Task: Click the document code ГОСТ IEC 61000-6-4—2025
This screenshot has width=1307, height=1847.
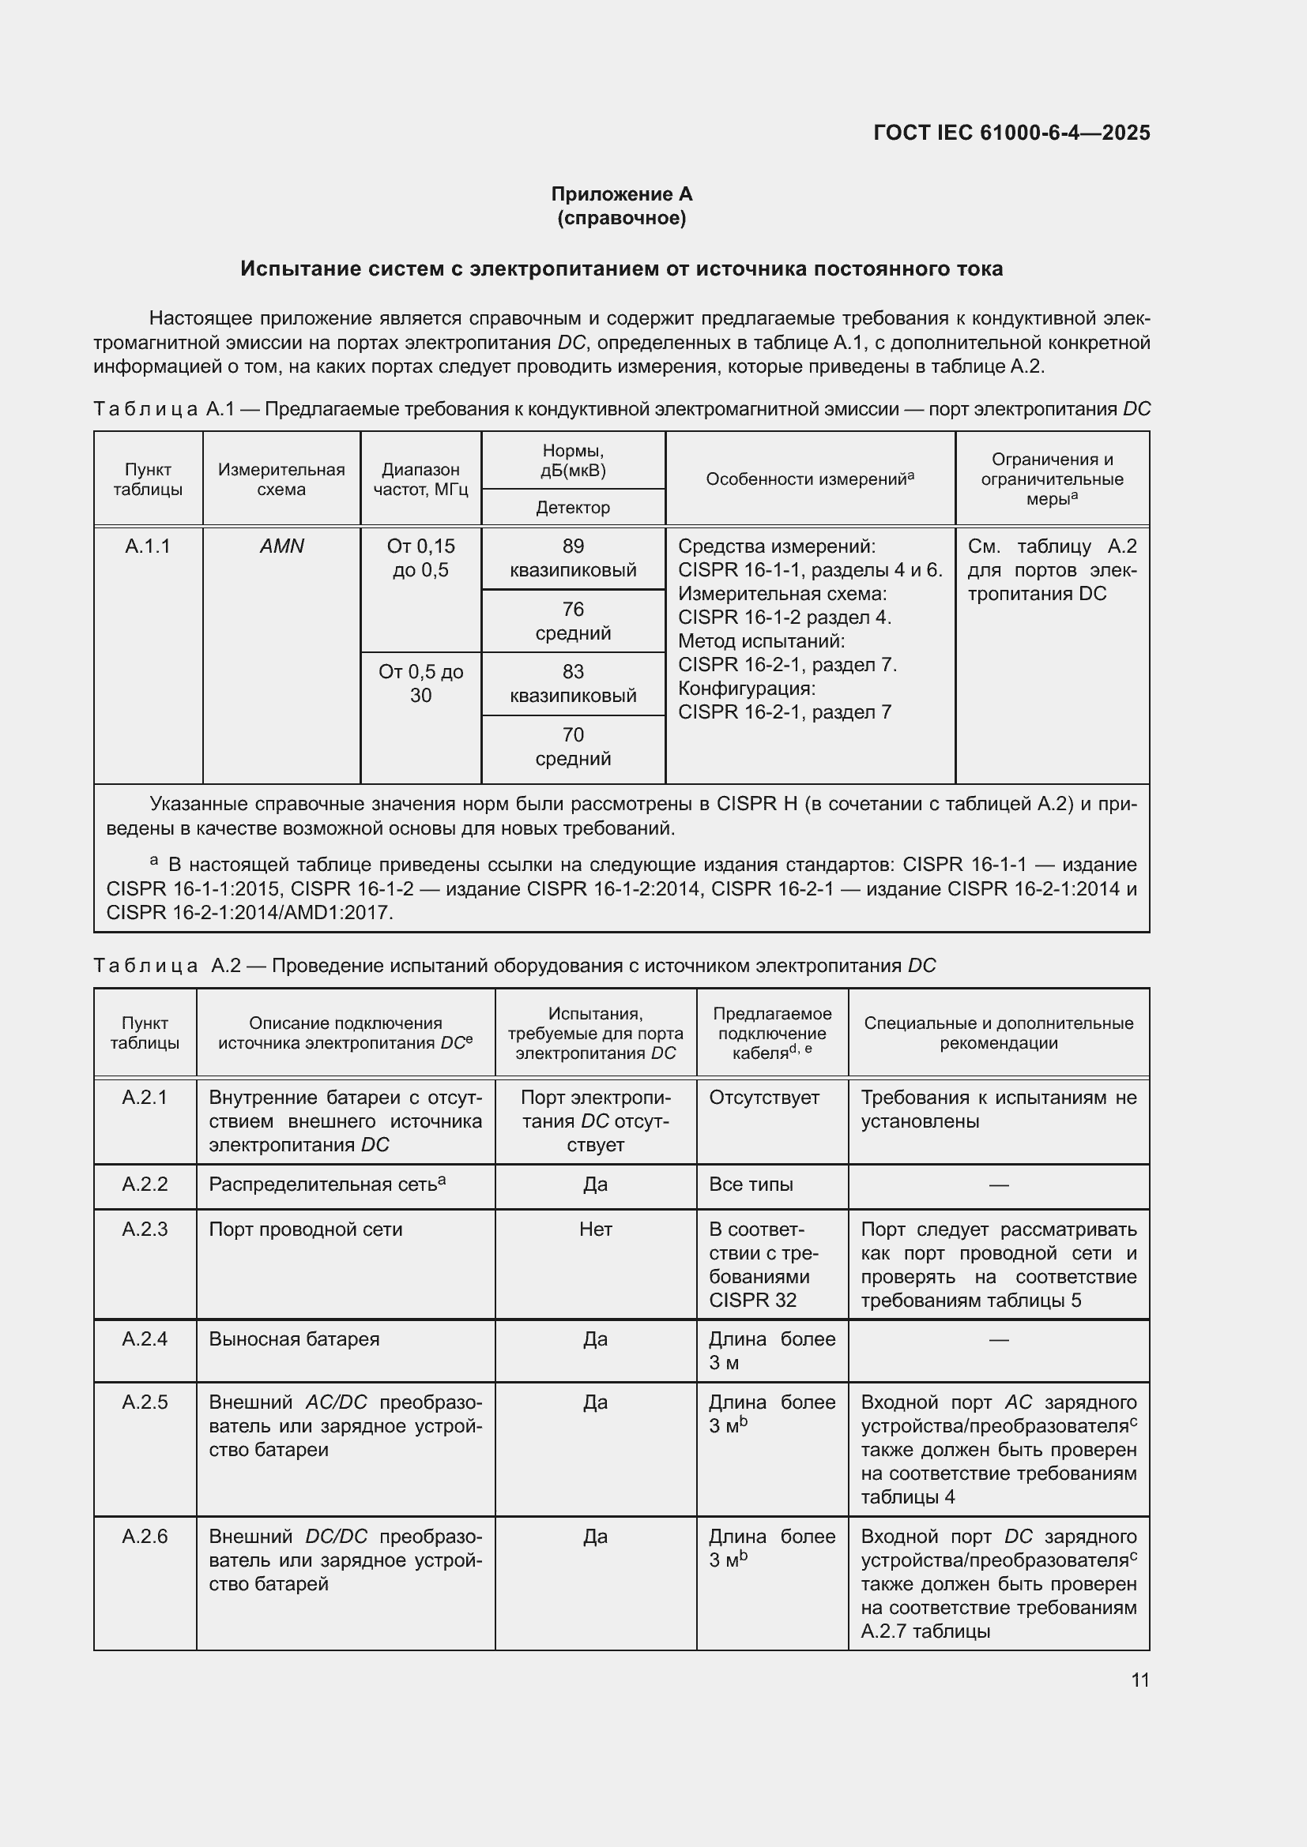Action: [1011, 133]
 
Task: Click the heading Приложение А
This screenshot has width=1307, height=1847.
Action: [621, 194]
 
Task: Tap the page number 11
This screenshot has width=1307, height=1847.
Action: [1139, 1680]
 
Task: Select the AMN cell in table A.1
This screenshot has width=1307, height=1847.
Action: [281, 546]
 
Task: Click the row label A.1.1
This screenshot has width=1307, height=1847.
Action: [148, 546]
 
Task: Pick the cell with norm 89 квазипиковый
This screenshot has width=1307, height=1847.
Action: [573, 558]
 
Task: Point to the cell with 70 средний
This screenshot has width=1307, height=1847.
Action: [573, 746]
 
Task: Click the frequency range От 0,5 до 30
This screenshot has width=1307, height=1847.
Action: [421, 683]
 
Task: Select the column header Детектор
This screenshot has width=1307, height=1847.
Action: [573, 508]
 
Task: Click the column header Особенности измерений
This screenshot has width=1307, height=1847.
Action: [810, 479]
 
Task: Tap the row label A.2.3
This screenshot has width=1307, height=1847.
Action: [145, 1229]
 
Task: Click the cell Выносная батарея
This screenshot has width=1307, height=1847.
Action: [295, 1338]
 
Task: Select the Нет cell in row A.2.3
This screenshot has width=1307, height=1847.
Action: [596, 1229]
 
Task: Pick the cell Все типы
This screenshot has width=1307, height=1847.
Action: [751, 1184]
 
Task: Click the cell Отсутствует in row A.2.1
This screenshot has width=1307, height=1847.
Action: [764, 1098]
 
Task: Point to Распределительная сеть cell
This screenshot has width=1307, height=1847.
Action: [328, 1184]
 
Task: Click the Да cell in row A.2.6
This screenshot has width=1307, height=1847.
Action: [596, 1537]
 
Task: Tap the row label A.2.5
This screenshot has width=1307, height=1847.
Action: [145, 1402]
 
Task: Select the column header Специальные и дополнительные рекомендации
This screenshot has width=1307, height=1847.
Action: [998, 1033]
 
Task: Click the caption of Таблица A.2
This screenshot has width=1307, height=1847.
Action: [515, 965]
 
